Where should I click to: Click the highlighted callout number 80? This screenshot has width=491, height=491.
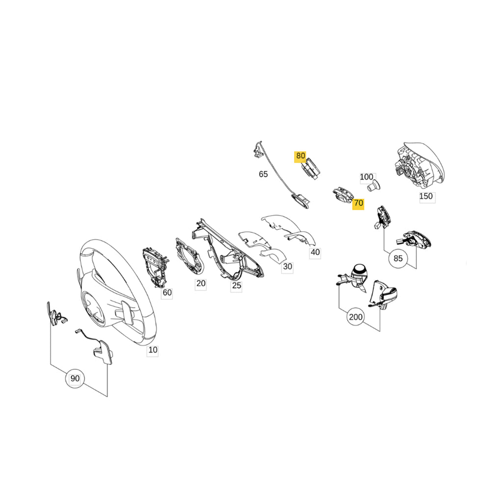click(x=300, y=157)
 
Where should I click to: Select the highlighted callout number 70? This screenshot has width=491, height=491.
click(x=358, y=203)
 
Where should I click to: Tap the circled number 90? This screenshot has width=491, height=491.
click(x=75, y=379)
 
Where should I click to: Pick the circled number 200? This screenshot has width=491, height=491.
click(x=355, y=317)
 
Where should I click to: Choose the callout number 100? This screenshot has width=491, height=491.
click(x=366, y=177)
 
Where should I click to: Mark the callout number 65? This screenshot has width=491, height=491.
click(x=263, y=174)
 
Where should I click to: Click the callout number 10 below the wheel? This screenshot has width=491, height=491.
click(x=153, y=351)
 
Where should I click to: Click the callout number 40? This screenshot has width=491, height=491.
click(x=314, y=252)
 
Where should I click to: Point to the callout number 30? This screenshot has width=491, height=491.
click(x=287, y=267)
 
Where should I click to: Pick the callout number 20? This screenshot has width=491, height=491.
click(x=201, y=283)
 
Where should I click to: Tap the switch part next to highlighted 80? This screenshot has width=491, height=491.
click(x=310, y=170)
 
